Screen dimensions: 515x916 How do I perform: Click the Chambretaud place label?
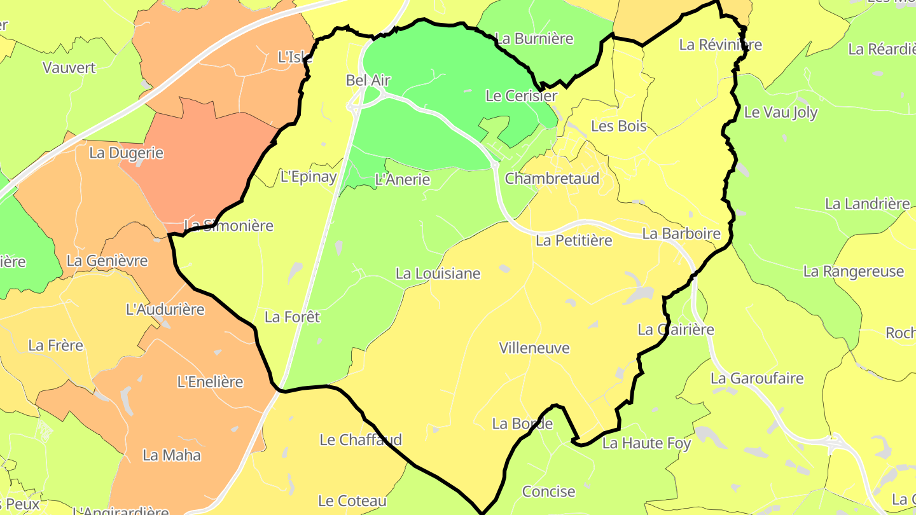tap(552, 179)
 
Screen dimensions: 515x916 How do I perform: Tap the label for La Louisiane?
tap(438, 273)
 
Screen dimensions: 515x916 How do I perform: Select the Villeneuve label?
tap(534, 348)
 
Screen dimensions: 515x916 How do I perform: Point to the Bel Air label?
tap(368, 80)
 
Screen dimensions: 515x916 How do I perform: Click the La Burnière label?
tap(534, 39)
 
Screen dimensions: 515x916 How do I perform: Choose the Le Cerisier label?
tap(521, 96)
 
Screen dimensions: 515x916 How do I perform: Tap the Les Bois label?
tap(618, 126)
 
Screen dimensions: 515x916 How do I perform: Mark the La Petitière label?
tap(574, 240)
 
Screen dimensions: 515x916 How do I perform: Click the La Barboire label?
tap(681, 233)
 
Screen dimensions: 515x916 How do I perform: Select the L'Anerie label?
tap(403, 179)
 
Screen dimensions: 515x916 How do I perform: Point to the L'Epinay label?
tap(309, 177)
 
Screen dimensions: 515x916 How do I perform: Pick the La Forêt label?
tap(292, 316)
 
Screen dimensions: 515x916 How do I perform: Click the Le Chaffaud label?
tap(361, 439)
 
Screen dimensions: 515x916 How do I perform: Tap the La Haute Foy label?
tap(646, 443)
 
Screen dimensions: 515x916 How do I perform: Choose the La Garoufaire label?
tap(757, 378)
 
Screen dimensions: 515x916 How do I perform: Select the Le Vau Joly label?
tap(781, 113)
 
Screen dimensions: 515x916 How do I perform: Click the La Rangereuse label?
tap(853, 271)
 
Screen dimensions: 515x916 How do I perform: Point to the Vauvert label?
tap(69, 67)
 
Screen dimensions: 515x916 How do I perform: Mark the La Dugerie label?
tap(126, 153)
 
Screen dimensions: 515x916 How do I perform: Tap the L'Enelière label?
tap(210, 382)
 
